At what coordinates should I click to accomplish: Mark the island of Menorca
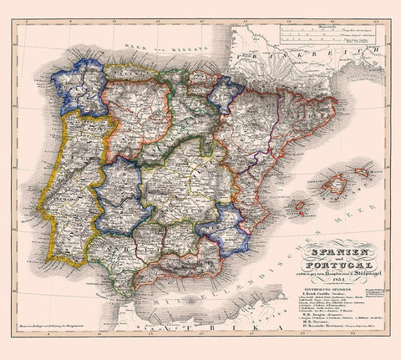(x=373, y=170)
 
